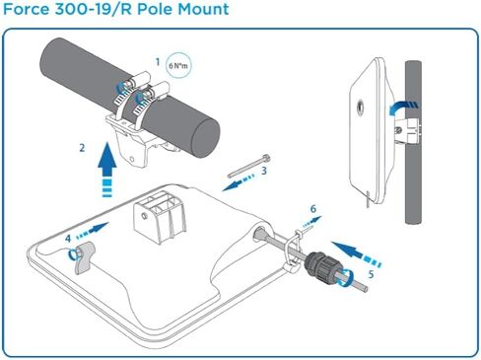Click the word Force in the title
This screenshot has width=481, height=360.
pyautogui.click(x=26, y=9)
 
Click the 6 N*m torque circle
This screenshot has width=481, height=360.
pyautogui.click(x=177, y=65)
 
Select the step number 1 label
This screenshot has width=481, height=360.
pyautogui.click(x=158, y=62)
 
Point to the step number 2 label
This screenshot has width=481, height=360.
pyautogui.click(x=82, y=148)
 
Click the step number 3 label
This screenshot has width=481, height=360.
pyautogui.click(x=264, y=171)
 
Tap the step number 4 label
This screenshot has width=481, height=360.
pyautogui.click(x=68, y=239)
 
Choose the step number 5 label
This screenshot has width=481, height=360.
pyautogui.click(x=371, y=274)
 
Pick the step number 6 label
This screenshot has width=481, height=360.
pyautogui.click(x=313, y=209)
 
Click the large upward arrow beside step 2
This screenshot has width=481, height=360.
pyautogui.click(x=106, y=170)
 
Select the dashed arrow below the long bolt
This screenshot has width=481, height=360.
pyautogui.click(x=239, y=183)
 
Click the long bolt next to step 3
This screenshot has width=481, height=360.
pyautogui.click(x=248, y=166)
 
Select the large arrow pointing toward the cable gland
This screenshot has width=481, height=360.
pyautogui.click(x=356, y=253)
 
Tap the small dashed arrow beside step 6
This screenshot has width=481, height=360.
pyautogui.click(x=312, y=222)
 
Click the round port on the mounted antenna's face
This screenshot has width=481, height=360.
pyautogui.click(x=360, y=107)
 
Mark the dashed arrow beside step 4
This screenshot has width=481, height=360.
pyautogui.click(x=93, y=231)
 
